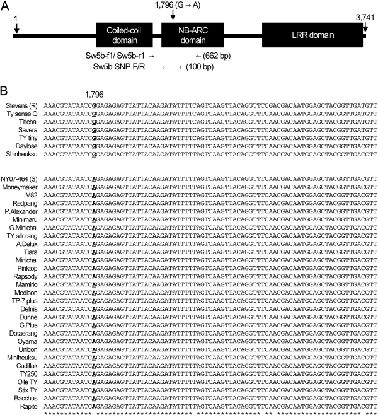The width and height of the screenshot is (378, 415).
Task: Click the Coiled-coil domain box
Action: [124, 32]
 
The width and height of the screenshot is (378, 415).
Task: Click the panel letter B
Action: [5, 81]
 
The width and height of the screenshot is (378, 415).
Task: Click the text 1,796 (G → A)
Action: [177, 5]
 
